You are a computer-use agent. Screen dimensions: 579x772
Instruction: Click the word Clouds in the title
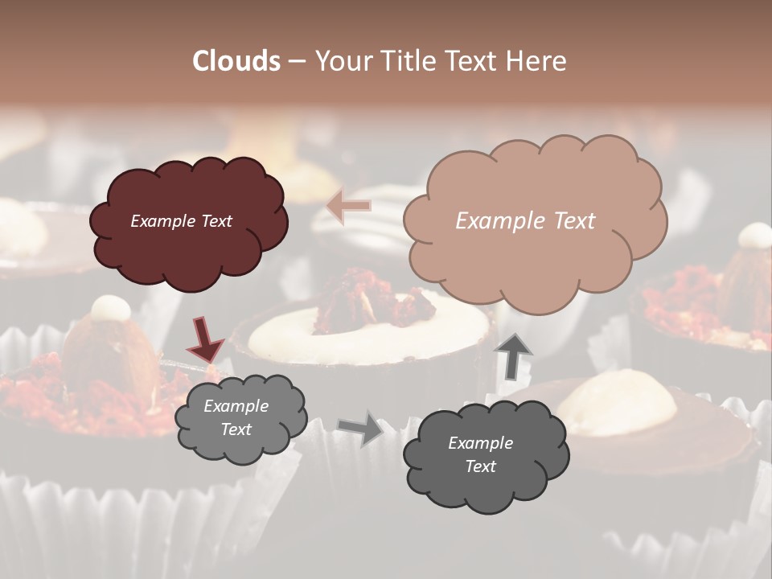point(236,61)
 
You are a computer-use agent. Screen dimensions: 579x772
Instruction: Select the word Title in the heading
point(410,61)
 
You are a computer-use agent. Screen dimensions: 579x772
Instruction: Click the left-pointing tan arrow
point(349,206)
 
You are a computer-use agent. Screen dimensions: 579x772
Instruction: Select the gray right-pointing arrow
point(360,428)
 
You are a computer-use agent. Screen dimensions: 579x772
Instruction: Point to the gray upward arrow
point(515,354)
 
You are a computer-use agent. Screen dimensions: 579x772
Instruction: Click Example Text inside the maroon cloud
point(181,221)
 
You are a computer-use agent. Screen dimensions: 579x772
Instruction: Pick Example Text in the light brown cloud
point(525,221)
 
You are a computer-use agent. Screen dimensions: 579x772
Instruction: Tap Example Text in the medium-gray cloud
point(236,417)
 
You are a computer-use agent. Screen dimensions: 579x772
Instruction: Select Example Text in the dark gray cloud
point(480,454)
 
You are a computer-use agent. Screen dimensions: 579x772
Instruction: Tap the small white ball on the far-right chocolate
point(754,235)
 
